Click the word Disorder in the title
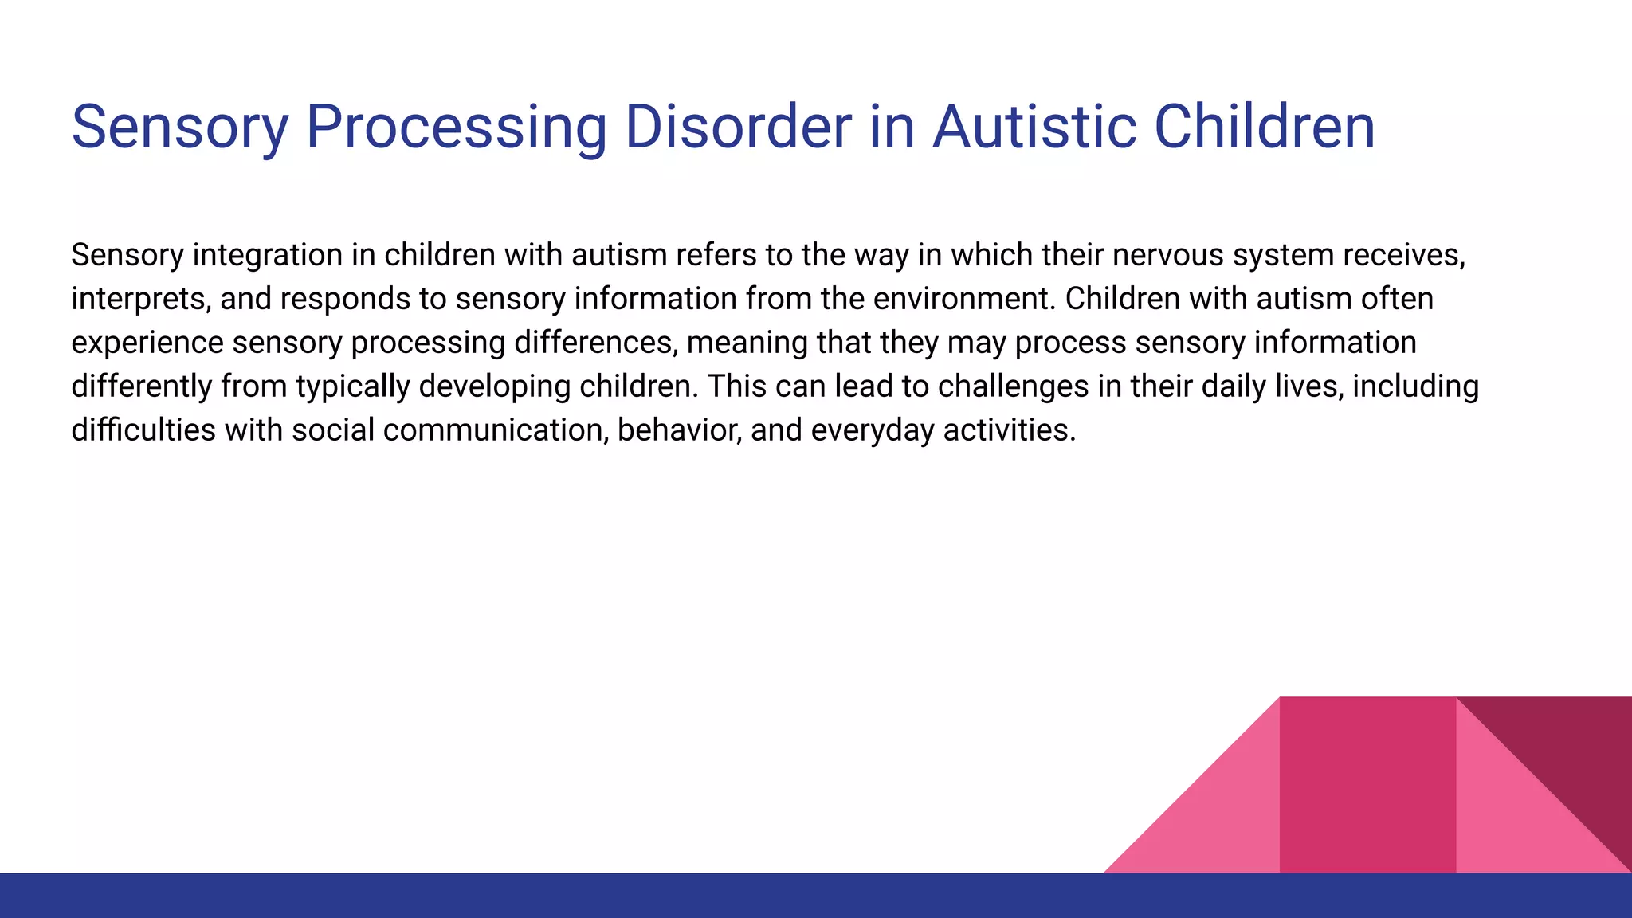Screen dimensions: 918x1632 (738, 127)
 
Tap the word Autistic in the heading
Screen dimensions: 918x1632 (1034, 127)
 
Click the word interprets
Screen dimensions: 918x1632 (140, 300)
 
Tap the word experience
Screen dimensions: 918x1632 (147, 343)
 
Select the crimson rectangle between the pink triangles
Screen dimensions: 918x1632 (1367, 785)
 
